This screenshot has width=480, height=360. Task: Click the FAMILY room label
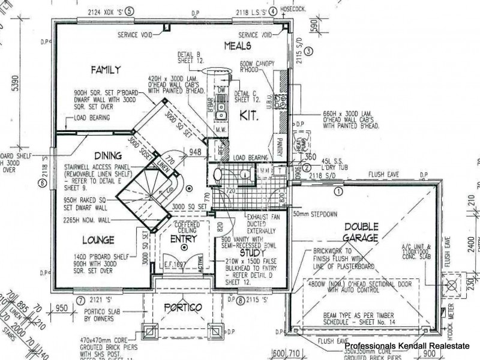(106, 70)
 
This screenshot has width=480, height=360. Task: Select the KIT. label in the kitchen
(249, 117)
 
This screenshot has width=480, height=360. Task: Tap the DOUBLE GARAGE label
(361, 232)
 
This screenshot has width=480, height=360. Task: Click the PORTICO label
(182, 308)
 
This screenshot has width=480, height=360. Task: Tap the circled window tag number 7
(80, 299)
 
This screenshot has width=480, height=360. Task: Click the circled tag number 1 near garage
(338, 192)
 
